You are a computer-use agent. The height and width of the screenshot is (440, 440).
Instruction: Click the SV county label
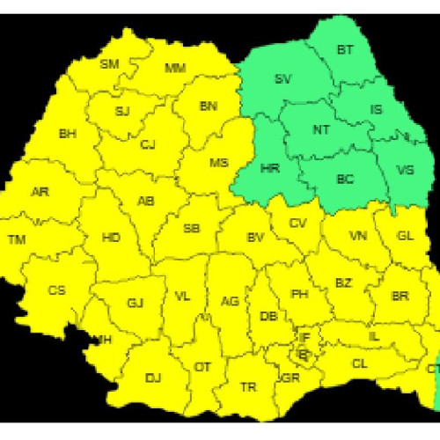(x=282, y=79)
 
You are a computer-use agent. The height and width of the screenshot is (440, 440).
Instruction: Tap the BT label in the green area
(x=345, y=50)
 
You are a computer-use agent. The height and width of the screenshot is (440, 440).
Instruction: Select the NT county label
(x=321, y=129)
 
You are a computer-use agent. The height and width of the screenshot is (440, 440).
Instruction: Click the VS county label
(x=406, y=170)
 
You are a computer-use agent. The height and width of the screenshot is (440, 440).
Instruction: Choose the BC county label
(x=345, y=179)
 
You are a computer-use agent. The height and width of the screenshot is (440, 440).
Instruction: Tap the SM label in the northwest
(x=109, y=64)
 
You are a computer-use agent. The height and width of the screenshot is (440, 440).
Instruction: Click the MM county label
(x=175, y=69)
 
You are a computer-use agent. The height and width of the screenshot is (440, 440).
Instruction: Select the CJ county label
(x=148, y=145)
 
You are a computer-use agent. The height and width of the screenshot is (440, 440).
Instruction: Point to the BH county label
(x=67, y=134)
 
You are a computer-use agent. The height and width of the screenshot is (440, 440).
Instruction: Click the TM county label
(x=17, y=239)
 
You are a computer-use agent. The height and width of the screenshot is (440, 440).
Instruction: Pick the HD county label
(x=111, y=238)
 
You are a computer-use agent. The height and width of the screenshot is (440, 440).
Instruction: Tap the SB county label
(x=191, y=229)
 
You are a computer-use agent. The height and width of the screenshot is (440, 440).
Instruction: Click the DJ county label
(x=153, y=378)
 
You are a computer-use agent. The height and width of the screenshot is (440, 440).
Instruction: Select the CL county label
(x=360, y=363)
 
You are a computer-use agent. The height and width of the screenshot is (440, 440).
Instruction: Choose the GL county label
(x=405, y=236)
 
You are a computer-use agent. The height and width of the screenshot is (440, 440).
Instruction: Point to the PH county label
(x=299, y=293)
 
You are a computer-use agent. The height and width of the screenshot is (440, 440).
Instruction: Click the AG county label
(x=230, y=302)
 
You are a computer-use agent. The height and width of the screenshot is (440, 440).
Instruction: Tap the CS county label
(x=57, y=290)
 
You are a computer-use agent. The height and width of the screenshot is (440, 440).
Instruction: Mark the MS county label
(x=218, y=163)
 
